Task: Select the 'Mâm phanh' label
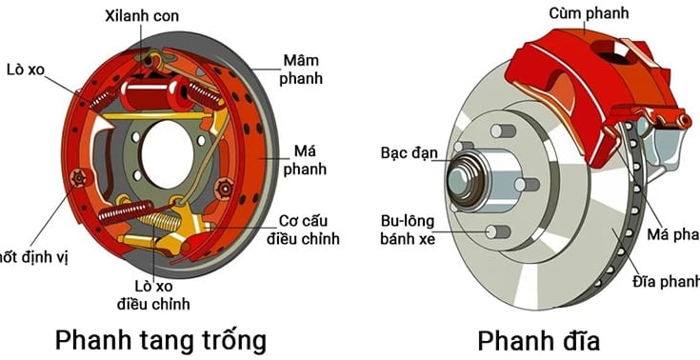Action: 300,69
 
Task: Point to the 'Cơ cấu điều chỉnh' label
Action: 304,229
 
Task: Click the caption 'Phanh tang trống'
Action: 160,338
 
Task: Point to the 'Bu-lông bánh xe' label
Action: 408,229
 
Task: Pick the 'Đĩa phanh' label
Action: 667,281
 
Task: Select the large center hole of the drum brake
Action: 168,153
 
